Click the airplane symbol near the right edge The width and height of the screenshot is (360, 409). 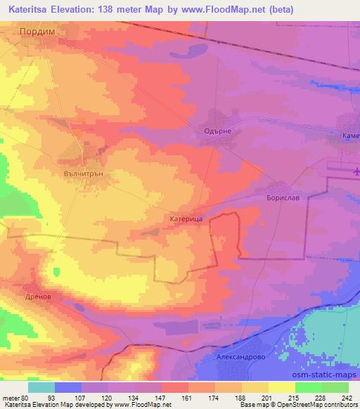[356, 170]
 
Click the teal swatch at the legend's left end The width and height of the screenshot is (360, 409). [41, 387]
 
